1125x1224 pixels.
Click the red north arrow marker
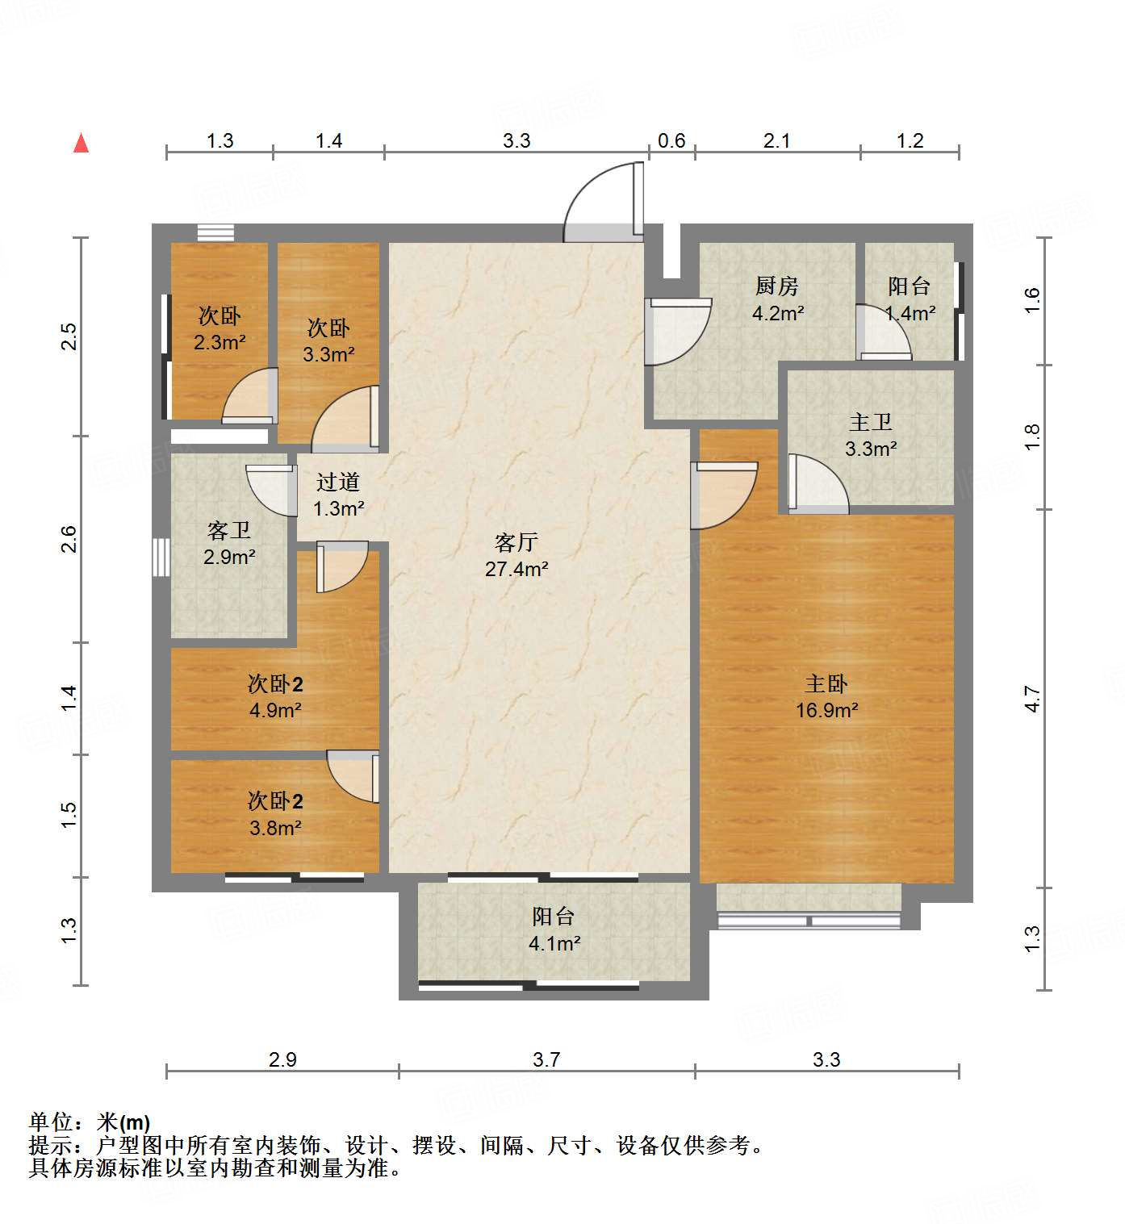click(81, 143)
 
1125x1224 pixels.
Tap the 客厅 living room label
click(516, 542)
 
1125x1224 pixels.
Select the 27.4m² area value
click(516, 569)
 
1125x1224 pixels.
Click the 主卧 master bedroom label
click(826, 684)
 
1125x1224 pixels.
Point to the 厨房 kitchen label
click(776, 286)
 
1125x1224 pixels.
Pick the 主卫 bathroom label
click(870, 422)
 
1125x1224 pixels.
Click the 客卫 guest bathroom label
click(229, 530)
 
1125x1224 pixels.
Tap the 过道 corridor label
click(337, 482)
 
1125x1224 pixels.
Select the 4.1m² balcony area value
click(554, 943)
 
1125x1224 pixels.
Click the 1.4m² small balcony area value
click(910, 313)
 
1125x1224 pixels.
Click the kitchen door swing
click(679, 332)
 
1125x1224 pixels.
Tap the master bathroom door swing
click(818, 483)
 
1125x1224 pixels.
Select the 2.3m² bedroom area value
click(220, 342)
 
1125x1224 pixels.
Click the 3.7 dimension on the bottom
click(546, 1059)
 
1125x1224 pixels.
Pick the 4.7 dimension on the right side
click(1032, 698)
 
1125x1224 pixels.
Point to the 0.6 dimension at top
click(671, 141)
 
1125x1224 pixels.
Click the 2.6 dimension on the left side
click(69, 539)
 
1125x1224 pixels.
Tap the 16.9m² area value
click(826, 710)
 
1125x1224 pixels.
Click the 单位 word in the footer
click(52, 1122)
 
